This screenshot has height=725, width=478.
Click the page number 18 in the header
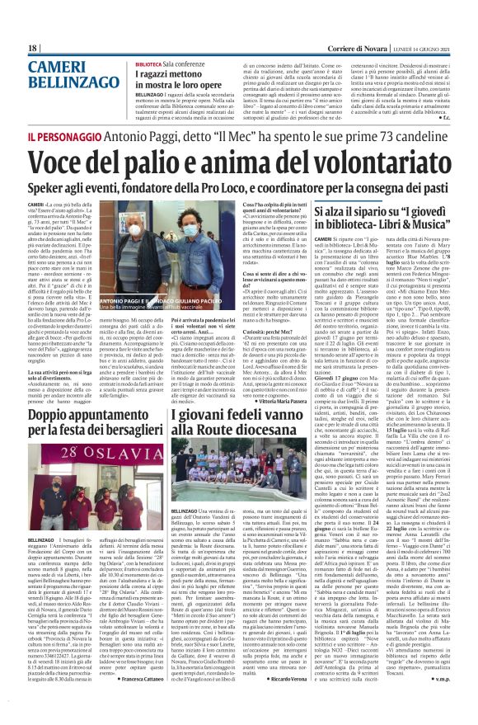[32, 49]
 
